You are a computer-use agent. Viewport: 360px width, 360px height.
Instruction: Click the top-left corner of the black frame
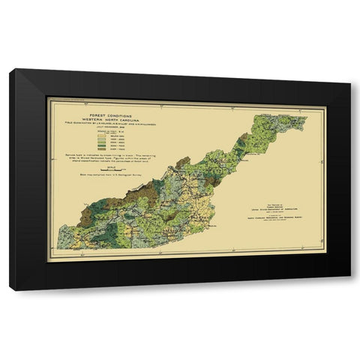coord(10,70)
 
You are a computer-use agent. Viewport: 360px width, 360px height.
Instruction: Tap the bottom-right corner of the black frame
coord(350,290)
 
